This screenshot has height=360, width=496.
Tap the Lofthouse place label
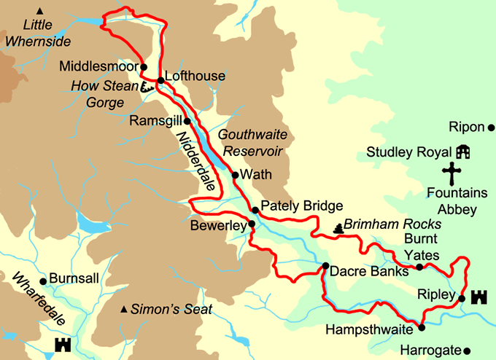coord(195,76)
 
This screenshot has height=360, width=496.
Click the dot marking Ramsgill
coord(187,121)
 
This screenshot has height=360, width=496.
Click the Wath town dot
coord(235,175)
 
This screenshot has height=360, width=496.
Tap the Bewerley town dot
coord(252,224)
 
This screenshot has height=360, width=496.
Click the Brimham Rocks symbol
coord(337,229)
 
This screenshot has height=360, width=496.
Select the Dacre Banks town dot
coord(325,266)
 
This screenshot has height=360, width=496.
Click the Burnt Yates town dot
coord(419,267)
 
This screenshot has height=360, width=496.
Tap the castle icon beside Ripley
coord(479,297)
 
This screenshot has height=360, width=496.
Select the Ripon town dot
coord(491,128)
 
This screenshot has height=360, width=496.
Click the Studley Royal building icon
coord(462,152)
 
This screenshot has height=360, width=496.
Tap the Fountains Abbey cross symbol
coord(453,175)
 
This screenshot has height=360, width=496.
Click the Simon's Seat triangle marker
coord(124,310)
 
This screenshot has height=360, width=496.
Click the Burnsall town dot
coord(43,281)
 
